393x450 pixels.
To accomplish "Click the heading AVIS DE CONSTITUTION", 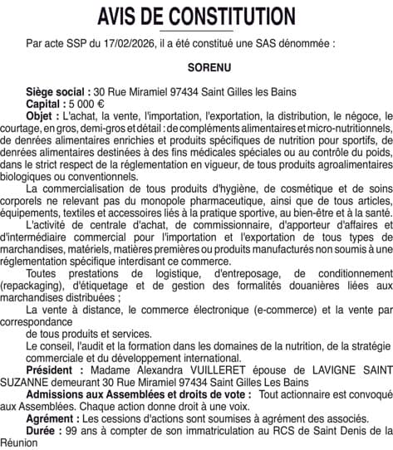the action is point(196,15).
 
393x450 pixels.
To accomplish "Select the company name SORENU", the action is point(196,62).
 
